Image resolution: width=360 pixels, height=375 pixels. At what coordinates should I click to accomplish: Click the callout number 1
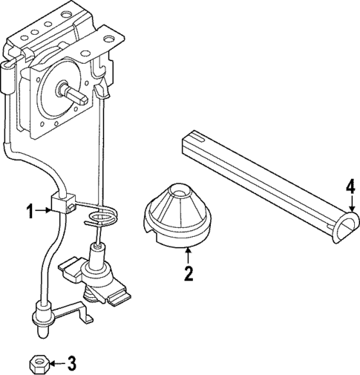point(30,212)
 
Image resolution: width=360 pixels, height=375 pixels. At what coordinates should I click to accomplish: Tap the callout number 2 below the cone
point(189,274)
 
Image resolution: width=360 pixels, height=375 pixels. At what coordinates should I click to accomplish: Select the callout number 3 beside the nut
point(71,364)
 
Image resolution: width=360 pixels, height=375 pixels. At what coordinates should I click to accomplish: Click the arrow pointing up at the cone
point(188,255)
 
